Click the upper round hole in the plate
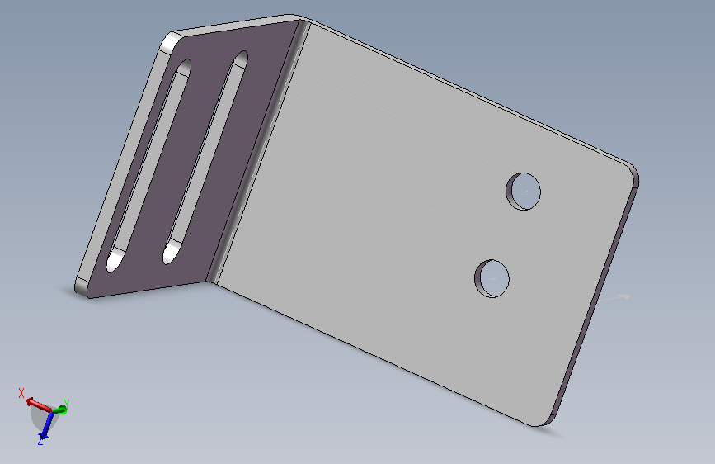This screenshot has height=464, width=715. [524, 192]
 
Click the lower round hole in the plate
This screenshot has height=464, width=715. [492, 278]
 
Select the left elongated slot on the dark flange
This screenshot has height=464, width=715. [148, 166]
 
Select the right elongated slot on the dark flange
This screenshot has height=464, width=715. [205, 157]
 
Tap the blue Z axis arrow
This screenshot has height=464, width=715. [45, 425]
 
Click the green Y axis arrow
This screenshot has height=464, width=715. [60, 410]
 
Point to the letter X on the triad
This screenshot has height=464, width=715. [21, 393]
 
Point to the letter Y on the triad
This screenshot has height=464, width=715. [67, 403]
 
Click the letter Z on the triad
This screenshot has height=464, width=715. [40, 441]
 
